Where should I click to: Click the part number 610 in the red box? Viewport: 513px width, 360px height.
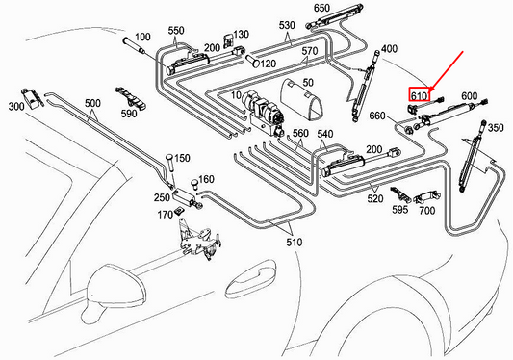[419, 96]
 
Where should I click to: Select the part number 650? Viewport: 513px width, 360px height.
[321, 9]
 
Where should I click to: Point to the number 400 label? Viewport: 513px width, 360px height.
[390, 48]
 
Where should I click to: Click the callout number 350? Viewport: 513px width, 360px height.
[496, 127]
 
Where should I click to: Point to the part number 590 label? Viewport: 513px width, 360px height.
[128, 114]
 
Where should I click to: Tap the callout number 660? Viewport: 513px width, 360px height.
[377, 117]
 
